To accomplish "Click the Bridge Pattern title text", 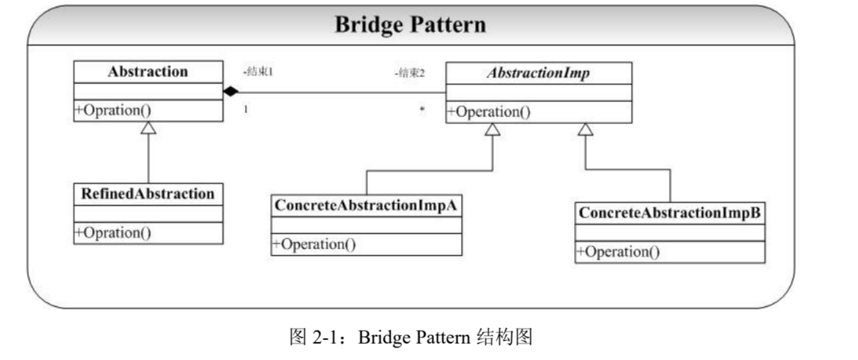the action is (411, 25).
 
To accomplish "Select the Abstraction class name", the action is (148, 71).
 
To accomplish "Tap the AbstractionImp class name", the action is (539, 73).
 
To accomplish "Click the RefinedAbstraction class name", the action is (148, 194).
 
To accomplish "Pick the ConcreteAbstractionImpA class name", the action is (366, 206).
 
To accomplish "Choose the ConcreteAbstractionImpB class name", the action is (669, 213).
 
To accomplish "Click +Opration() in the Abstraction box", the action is (114, 110).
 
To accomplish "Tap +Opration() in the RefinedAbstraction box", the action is (114, 233).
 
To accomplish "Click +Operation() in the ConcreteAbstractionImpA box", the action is (314, 244).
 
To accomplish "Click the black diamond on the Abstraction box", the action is (231, 92).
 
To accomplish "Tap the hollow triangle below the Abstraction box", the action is (148, 128).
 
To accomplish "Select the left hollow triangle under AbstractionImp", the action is (492, 129).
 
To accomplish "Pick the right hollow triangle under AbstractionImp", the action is (585, 129).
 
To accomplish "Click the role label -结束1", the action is (258, 71).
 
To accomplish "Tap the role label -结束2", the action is (410, 73).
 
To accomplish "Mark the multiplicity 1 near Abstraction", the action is (246, 110).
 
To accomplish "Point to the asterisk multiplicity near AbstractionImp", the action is (422, 110).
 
